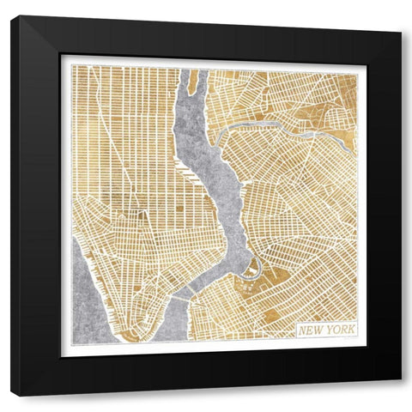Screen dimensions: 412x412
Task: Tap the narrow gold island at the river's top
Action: [x=193, y=82]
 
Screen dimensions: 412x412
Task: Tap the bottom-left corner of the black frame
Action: [x=12, y=396]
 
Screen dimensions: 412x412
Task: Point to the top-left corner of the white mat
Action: [x=61, y=56]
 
